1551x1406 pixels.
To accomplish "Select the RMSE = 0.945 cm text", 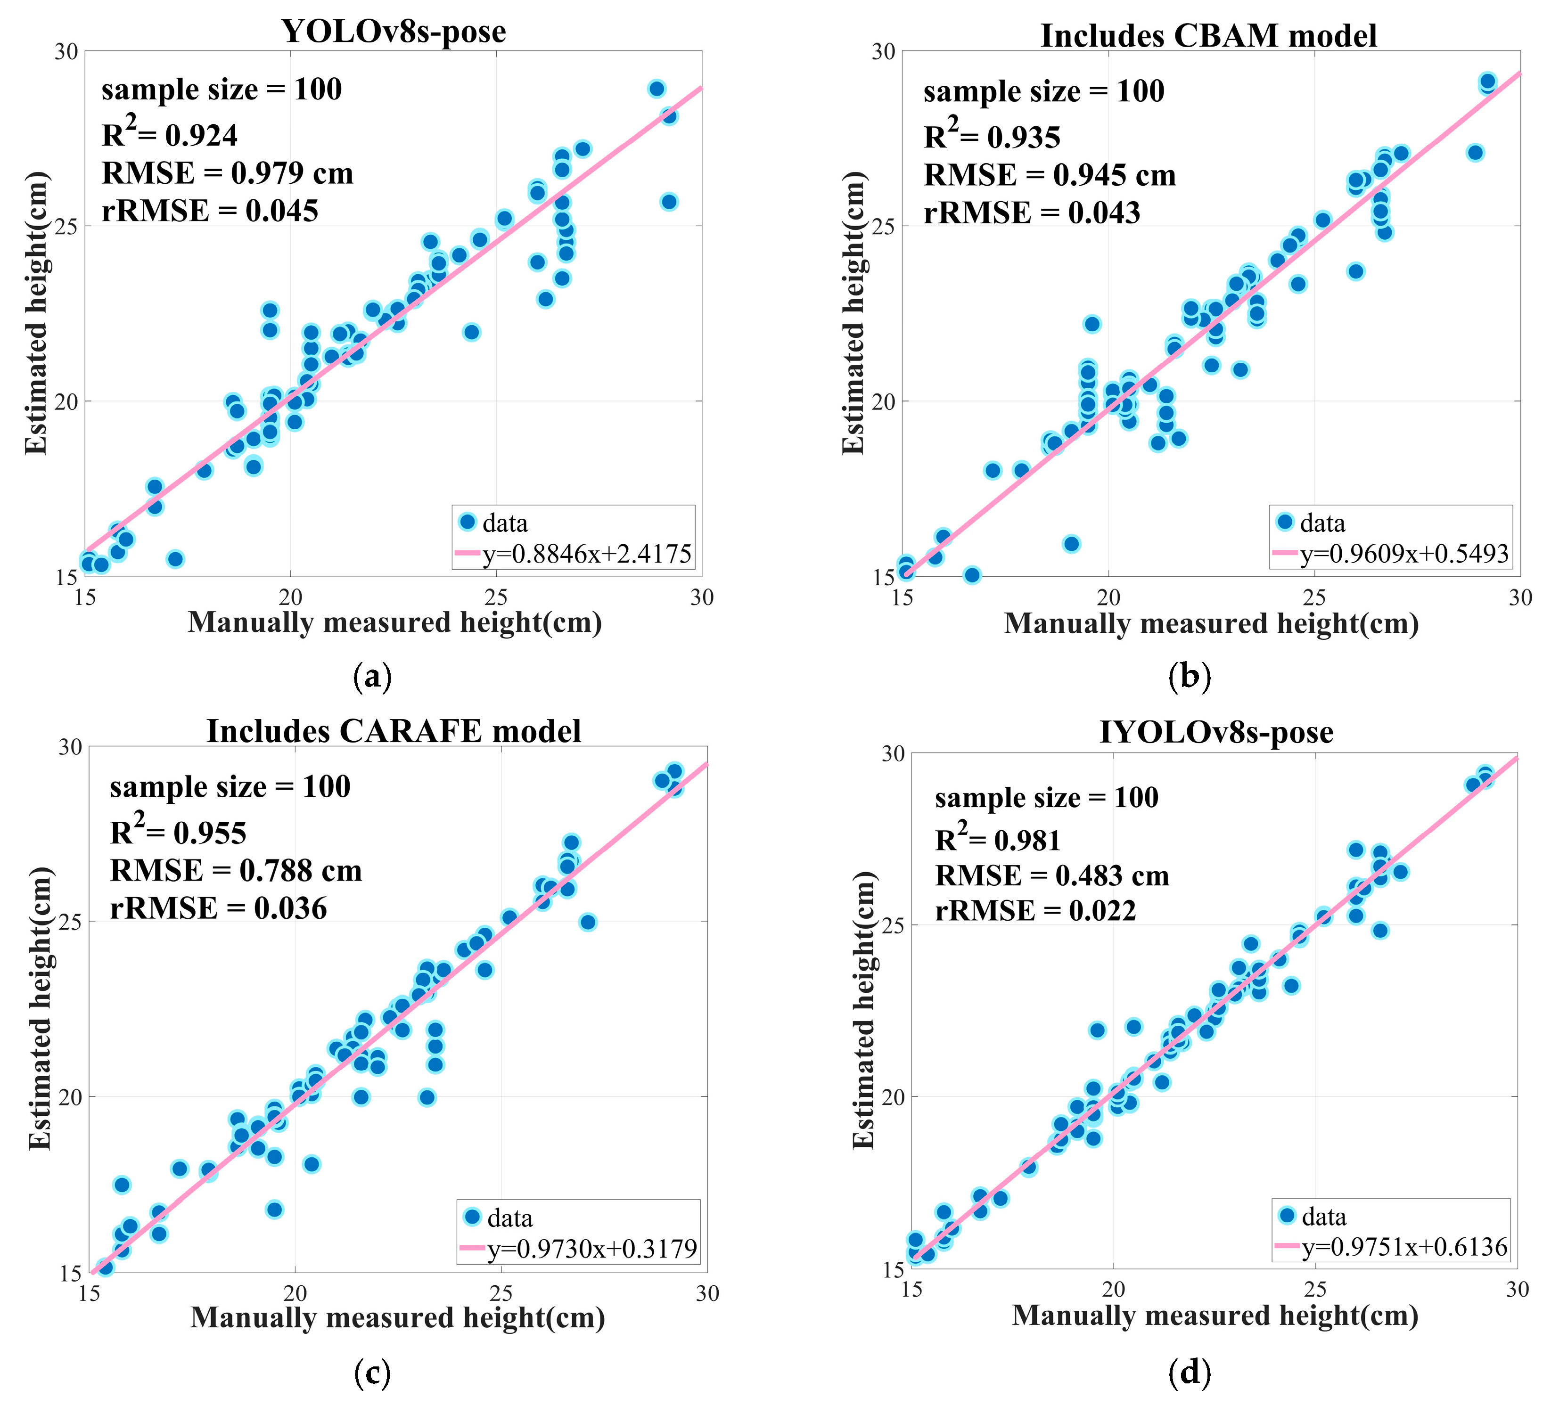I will (x=1050, y=175).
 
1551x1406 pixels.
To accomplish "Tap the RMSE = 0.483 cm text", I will (x=1052, y=875).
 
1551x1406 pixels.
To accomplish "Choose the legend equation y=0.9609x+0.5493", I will (x=1404, y=554).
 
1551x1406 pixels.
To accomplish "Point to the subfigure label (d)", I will (x=1190, y=1373).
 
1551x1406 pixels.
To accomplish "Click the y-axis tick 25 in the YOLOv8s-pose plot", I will (x=68, y=226).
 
